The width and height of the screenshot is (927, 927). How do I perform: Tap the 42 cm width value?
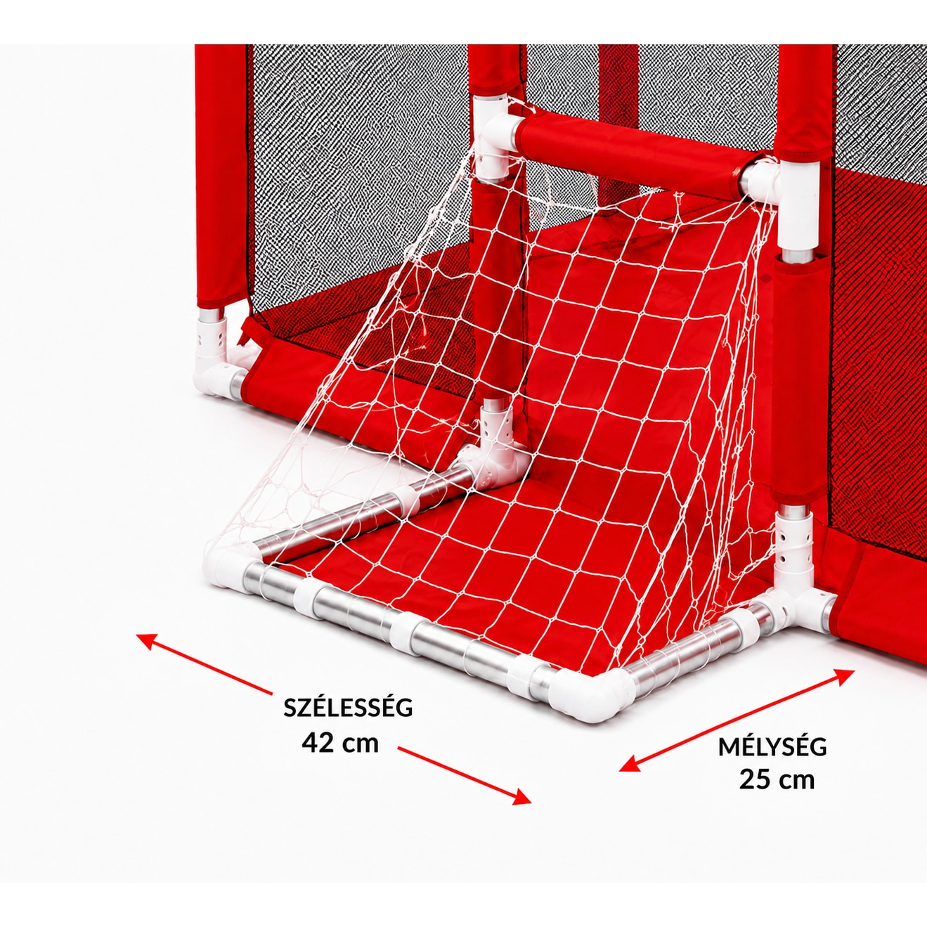340,743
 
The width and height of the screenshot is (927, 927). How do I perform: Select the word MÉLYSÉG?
772,746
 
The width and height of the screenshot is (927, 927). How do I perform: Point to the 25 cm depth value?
777,780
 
